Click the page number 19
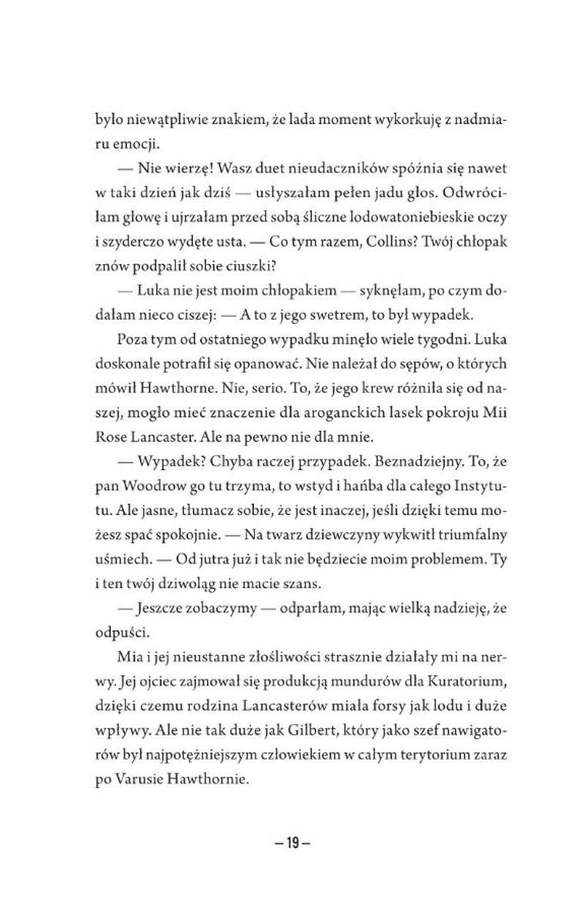click(x=292, y=841)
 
